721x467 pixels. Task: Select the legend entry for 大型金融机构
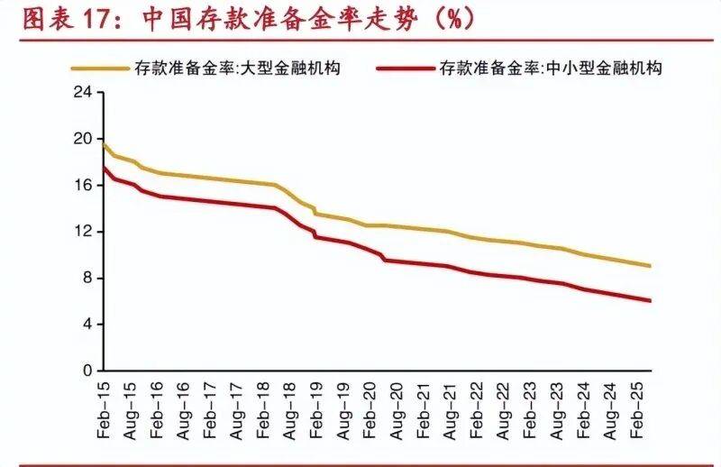(x=238, y=68)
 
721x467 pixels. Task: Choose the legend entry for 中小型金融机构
(x=551, y=68)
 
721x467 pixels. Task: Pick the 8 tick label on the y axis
(x=87, y=278)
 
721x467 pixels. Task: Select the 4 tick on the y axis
(x=87, y=325)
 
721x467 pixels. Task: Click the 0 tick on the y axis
(x=87, y=371)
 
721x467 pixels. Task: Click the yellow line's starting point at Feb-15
(x=104, y=144)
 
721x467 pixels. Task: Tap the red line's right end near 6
(x=650, y=300)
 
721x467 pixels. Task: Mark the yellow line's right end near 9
(x=650, y=266)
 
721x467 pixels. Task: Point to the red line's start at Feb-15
(x=104, y=168)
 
